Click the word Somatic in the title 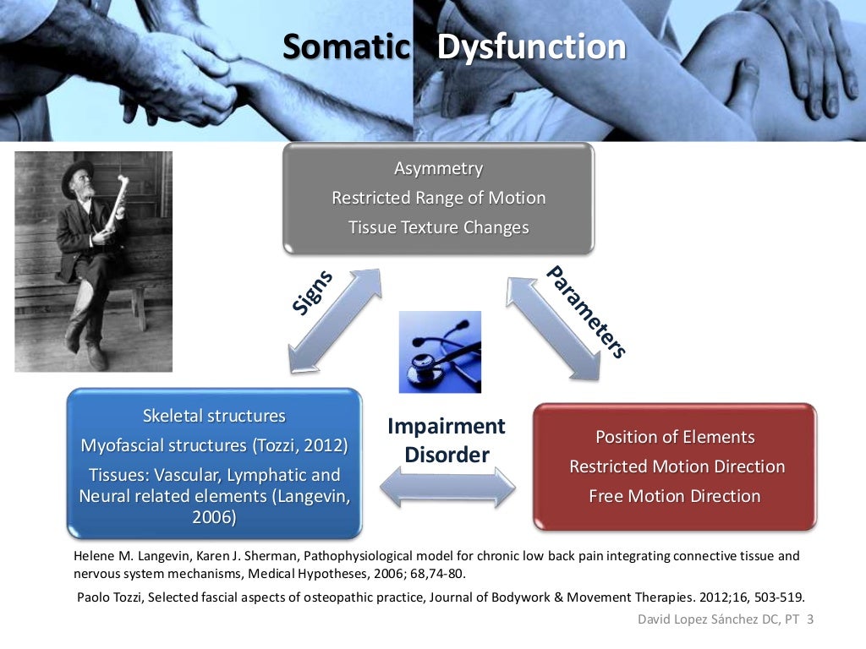coord(345,46)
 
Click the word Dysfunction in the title coord(531,46)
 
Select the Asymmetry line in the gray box coord(438,168)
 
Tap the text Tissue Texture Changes coord(438,227)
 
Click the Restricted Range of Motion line coord(438,198)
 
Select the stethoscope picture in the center coord(439,352)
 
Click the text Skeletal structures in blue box coord(214,416)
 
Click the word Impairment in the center coord(446,426)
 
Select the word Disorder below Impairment coord(447,455)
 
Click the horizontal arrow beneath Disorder coord(447,488)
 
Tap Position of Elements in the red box coord(675,437)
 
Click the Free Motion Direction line coord(675,496)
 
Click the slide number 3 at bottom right coord(810,619)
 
